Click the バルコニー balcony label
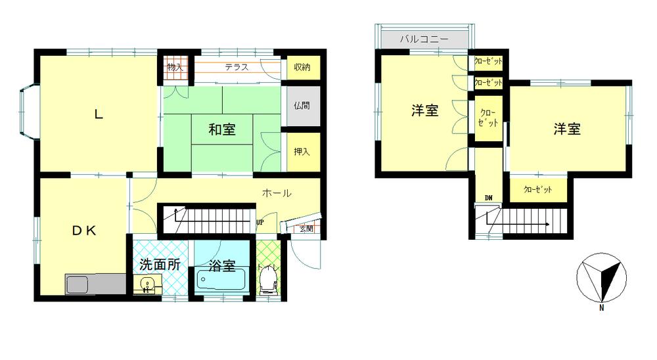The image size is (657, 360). click(424, 39)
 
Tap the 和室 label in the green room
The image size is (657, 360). click(221, 129)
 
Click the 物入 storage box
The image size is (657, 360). click(175, 67)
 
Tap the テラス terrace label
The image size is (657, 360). click(237, 67)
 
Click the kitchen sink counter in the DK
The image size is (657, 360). click(95, 284)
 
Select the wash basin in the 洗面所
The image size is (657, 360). click(148, 285)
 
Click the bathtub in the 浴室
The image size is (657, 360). click(221, 280)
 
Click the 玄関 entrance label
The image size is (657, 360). click(306, 229)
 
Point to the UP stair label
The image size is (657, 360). click(260, 223)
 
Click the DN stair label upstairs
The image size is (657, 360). click(489, 198)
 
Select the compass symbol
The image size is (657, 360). click(602, 278)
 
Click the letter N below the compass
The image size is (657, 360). click(602, 308)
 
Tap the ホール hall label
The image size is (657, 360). click(277, 193)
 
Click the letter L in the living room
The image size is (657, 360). click(99, 114)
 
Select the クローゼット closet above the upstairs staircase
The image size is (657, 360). click(538, 190)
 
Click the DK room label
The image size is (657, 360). click(84, 230)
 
